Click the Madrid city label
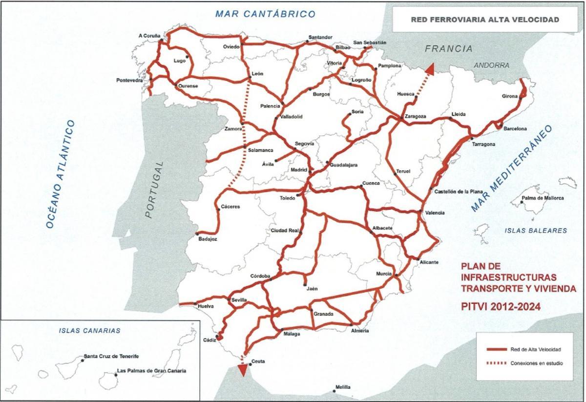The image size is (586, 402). point(298,170)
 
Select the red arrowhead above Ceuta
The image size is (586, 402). point(241,370)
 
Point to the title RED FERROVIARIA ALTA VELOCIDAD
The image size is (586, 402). point(485,20)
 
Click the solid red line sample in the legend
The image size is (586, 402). point(496,349)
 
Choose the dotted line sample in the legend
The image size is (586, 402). point(496,363)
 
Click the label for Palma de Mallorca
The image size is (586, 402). point(543,198)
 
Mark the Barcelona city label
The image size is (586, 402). point(515,129)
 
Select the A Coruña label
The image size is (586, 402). point(149,35)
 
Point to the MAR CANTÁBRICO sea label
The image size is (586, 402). point(265,14)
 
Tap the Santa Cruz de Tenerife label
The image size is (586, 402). point(111,356)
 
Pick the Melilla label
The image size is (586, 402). point(343,387)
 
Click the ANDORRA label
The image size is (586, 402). point(491,65)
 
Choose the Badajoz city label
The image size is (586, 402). point(208,239)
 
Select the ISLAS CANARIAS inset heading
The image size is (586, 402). point(89,330)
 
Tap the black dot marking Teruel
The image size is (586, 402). point(395,174)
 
